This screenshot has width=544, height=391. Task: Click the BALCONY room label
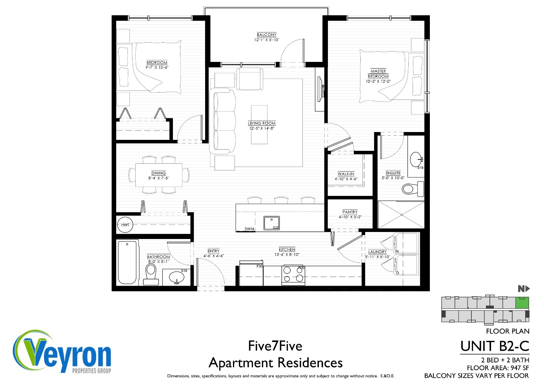click(x=267, y=35)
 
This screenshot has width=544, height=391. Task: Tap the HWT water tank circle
click(x=125, y=225)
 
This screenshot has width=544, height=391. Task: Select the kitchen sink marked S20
click(x=271, y=223)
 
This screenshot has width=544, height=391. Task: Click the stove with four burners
click(x=293, y=274)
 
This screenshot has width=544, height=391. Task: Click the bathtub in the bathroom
click(x=127, y=262)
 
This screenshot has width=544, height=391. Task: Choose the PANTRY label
click(x=350, y=212)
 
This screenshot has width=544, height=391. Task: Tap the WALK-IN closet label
click(x=346, y=174)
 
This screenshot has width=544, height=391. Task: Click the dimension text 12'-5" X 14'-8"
click(x=262, y=129)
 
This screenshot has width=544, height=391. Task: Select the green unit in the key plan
click(x=522, y=303)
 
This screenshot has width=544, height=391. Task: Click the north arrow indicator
click(x=524, y=289)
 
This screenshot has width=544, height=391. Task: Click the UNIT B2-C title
click(x=495, y=346)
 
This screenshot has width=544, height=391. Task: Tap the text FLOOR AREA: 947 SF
click(x=498, y=368)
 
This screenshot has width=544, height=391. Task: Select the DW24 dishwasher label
click(x=249, y=229)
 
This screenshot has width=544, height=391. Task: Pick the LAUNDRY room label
click(x=378, y=252)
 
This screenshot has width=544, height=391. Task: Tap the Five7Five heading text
click(x=275, y=346)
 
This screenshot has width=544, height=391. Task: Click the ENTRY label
click(x=213, y=251)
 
